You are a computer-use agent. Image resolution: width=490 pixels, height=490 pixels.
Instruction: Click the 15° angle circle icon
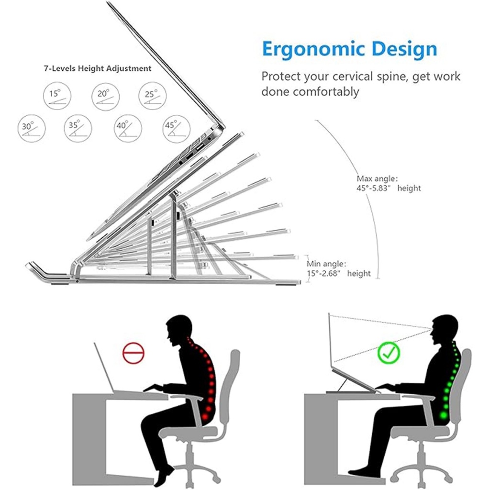[x=56, y=97]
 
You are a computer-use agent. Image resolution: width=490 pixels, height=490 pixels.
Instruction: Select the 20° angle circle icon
[x=105, y=97]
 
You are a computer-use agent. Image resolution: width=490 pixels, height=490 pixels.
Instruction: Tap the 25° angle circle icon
[x=153, y=97]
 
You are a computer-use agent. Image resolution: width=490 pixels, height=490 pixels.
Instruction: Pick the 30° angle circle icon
[x=31, y=129]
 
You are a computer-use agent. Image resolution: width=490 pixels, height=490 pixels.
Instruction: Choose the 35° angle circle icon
[x=78, y=129]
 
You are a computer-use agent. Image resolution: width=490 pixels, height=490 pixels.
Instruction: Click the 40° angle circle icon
[x=127, y=129]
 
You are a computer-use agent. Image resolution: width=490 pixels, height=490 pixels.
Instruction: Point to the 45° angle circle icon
[x=176, y=129]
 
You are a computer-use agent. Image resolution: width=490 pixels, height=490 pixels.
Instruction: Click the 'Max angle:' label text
[x=377, y=178]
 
